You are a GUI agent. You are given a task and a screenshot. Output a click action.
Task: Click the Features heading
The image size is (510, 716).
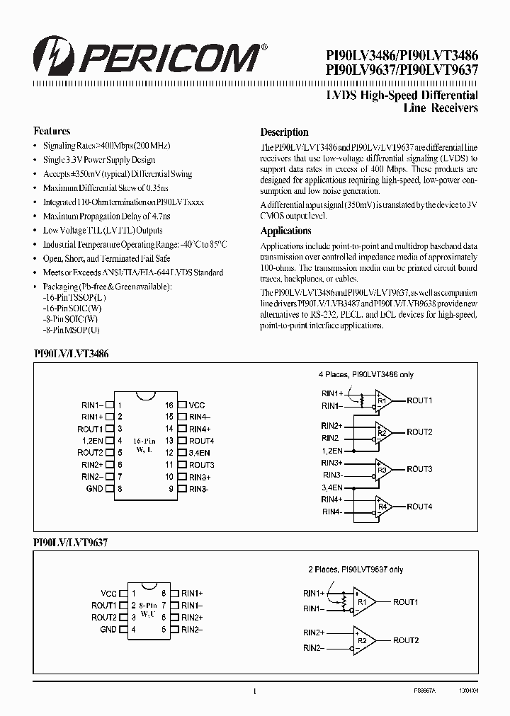pyautogui.click(x=52, y=131)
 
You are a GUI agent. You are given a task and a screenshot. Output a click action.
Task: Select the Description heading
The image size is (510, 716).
pyautogui.click(x=284, y=132)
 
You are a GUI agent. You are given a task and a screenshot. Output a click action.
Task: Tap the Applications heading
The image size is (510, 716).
pyautogui.click(x=285, y=231)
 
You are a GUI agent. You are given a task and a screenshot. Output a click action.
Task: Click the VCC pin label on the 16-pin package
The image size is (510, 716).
pyautogui.click(x=197, y=405)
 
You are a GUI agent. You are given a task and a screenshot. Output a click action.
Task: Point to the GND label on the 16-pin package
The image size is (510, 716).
pyautogui.click(x=94, y=489)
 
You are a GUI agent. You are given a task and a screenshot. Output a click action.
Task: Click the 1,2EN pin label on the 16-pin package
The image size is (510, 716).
pyautogui.click(x=92, y=441)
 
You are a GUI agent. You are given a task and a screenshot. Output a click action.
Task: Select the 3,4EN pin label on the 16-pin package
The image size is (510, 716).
pyautogui.click(x=199, y=453)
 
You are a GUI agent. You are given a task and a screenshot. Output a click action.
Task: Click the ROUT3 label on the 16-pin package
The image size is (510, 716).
pyautogui.click(x=201, y=465)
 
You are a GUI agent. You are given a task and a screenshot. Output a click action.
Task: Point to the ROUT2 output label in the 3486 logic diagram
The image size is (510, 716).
pyautogui.click(x=419, y=432)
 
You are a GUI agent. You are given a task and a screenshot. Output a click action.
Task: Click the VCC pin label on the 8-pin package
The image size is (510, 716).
pyautogui.click(x=108, y=594)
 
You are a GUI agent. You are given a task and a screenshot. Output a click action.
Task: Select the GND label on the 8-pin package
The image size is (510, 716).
pyautogui.click(x=108, y=630)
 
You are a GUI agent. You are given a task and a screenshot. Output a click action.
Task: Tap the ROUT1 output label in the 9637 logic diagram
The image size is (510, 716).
pyautogui.click(x=406, y=602)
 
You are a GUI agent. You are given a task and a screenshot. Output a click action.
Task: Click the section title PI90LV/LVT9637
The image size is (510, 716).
pyautogui.click(x=70, y=542)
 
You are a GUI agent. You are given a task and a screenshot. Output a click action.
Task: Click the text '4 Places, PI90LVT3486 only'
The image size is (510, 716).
pyautogui.click(x=365, y=375)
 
